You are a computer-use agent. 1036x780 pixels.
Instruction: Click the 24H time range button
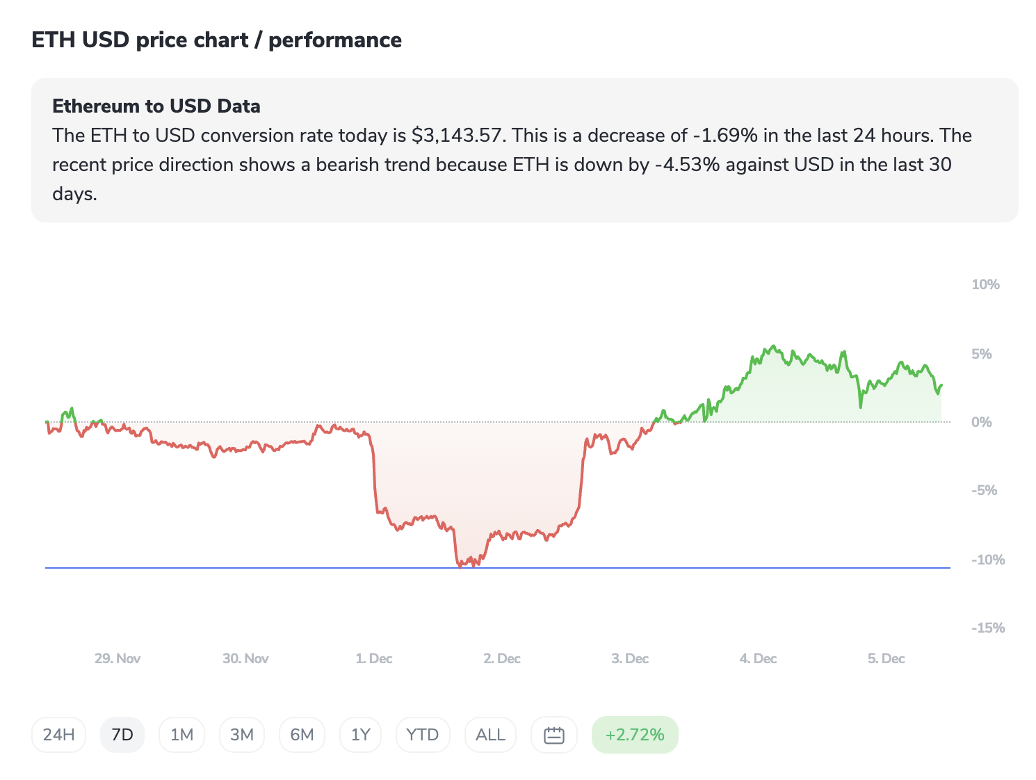[x=58, y=735]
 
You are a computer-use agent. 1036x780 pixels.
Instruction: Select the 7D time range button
[x=122, y=735]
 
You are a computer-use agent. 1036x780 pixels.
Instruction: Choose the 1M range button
[x=181, y=735]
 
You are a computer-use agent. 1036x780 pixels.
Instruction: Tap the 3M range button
[x=242, y=735]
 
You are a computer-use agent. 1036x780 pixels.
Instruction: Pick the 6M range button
[x=302, y=735]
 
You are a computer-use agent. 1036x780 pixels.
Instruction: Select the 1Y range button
[x=360, y=735]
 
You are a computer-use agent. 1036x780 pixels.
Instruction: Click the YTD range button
[x=422, y=735]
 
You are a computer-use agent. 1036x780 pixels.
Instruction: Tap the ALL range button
[x=490, y=735]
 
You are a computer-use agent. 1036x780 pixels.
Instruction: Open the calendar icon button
[x=553, y=735]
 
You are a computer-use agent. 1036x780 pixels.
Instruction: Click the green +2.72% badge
[x=635, y=735]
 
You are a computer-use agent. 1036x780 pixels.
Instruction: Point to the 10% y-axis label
[x=985, y=284]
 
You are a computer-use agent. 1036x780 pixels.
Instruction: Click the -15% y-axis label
[x=988, y=628]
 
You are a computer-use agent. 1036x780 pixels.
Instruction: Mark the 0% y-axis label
[x=981, y=422]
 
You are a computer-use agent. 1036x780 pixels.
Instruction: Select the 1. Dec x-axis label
[x=374, y=658]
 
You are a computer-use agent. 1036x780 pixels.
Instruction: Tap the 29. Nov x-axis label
[x=118, y=658]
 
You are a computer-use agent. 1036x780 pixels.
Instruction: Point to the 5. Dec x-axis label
[x=886, y=658]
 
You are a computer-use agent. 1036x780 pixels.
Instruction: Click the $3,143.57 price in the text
[x=456, y=136]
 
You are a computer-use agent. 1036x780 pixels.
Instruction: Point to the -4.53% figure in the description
[x=687, y=165]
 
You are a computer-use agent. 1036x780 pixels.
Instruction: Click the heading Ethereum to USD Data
[x=156, y=106]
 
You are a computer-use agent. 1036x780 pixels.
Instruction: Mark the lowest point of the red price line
[x=460, y=567]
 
